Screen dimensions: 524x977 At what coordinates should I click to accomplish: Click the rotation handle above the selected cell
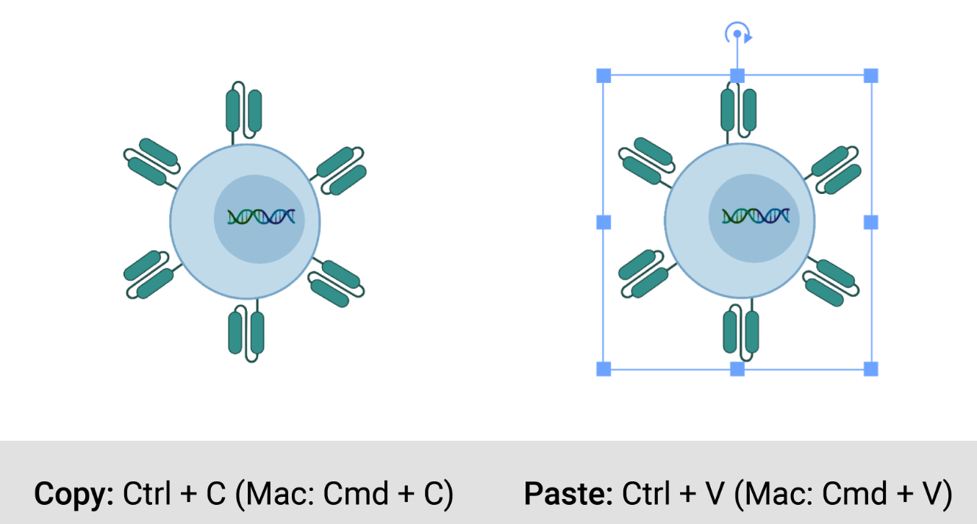(737, 34)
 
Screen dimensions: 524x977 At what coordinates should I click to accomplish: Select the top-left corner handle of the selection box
(604, 75)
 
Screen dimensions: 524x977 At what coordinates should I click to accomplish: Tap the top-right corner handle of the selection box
(870, 75)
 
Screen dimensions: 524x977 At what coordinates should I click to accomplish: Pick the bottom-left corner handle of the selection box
(604, 368)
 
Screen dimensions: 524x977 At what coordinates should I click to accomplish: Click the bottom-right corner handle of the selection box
(870, 368)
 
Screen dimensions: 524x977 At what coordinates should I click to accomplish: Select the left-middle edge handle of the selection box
(604, 222)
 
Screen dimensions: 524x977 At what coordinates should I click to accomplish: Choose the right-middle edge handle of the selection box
(870, 222)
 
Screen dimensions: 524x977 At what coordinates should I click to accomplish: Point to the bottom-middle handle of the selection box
(737, 368)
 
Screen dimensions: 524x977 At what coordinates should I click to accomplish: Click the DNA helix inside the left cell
(261, 217)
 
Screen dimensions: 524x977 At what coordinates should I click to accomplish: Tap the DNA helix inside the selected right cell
(756, 216)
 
